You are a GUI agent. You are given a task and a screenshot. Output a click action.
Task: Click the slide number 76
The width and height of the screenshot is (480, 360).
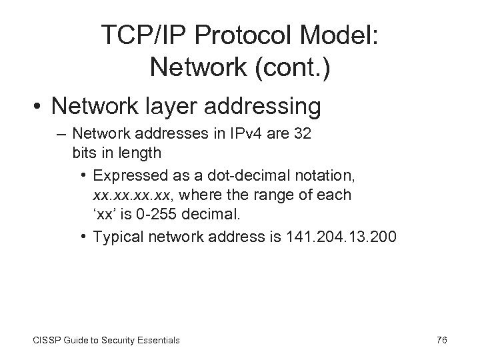441,340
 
